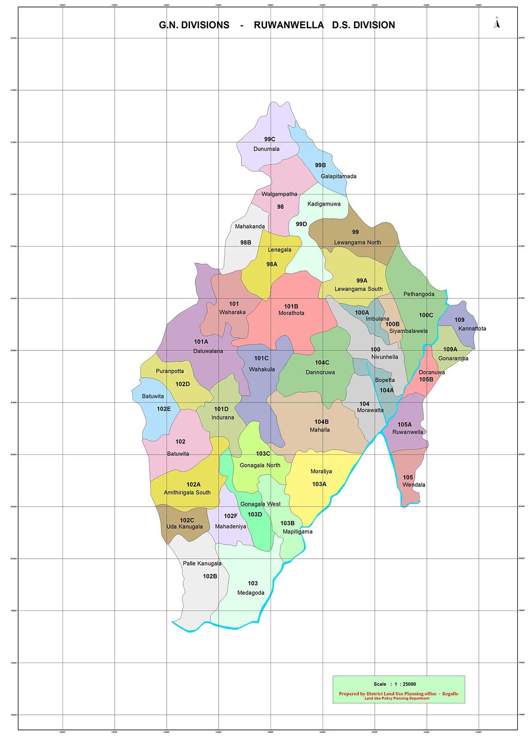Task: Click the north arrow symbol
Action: (497, 23)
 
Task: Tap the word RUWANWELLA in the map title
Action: (289, 25)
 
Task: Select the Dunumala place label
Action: (266, 149)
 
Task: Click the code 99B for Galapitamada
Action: (320, 165)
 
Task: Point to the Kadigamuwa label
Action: (324, 204)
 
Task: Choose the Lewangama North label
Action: (357, 242)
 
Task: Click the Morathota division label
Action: (291, 313)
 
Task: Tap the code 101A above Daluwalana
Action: (201, 342)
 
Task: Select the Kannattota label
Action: (472, 328)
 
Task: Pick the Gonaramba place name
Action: (453, 358)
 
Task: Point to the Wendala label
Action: (414, 485)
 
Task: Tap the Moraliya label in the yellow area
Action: (321, 471)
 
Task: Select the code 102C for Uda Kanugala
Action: (187, 520)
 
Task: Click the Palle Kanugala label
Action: (202, 563)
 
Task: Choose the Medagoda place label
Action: (251, 593)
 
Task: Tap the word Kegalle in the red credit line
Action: (450, 694)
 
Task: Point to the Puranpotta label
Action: (170, 371)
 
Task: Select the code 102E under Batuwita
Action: (164, 409)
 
